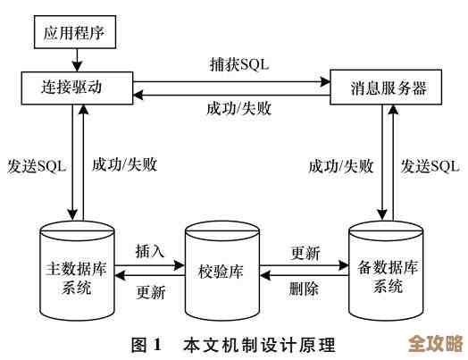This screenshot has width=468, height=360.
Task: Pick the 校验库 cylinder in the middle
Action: pyautogui.click(x=221, y=271)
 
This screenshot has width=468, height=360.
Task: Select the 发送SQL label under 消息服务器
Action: pyautogui.click(x=430, y=165)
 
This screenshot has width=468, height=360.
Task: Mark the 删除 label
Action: pyautogui.click(x=305, y=289)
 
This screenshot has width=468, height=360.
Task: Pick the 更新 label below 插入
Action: pyautogui.click(x=150, y=292)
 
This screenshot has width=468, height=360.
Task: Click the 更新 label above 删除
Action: pyautogui.click(x=305, y=253)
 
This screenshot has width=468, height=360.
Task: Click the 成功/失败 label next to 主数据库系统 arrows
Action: pyautogui.click(x=121, y=165)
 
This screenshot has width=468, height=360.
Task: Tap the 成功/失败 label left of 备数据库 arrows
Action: pyautogui.click(x=338, y=165)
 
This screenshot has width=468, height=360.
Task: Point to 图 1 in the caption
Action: pyautogui.click(x=145, y=344)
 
